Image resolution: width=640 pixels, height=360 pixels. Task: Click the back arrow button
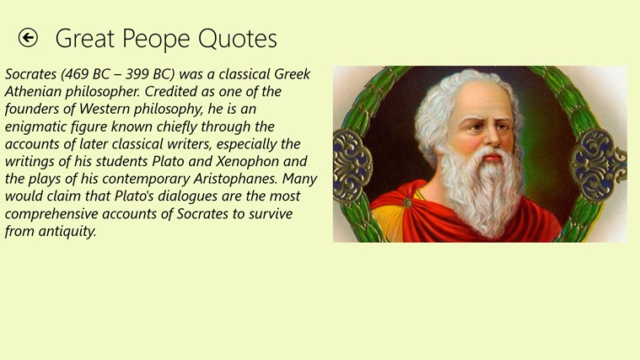pyautogui.click(x=28, y=38)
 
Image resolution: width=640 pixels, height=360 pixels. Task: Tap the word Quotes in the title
pyautogui.click(x=238, y=39)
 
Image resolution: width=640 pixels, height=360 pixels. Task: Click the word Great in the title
pyautogui.click(x=85, y=39)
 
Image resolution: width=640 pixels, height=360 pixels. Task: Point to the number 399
pyautogui.click(x=137, y=74)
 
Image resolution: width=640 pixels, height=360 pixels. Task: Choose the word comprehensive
pyautogui.click(x=51, y=214)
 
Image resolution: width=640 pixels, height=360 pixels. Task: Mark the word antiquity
pyautogui.click(x=67, y=231)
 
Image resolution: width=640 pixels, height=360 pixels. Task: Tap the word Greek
pyautogui.click(x=293, y=74)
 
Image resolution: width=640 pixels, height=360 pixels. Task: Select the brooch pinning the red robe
pyautogui.click(x=407, y=202)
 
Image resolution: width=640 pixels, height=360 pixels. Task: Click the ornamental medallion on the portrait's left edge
pyautogui.click(x=352, y=166)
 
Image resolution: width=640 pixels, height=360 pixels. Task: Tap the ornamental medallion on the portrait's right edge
pyautogui.click(x=598, y=165)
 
